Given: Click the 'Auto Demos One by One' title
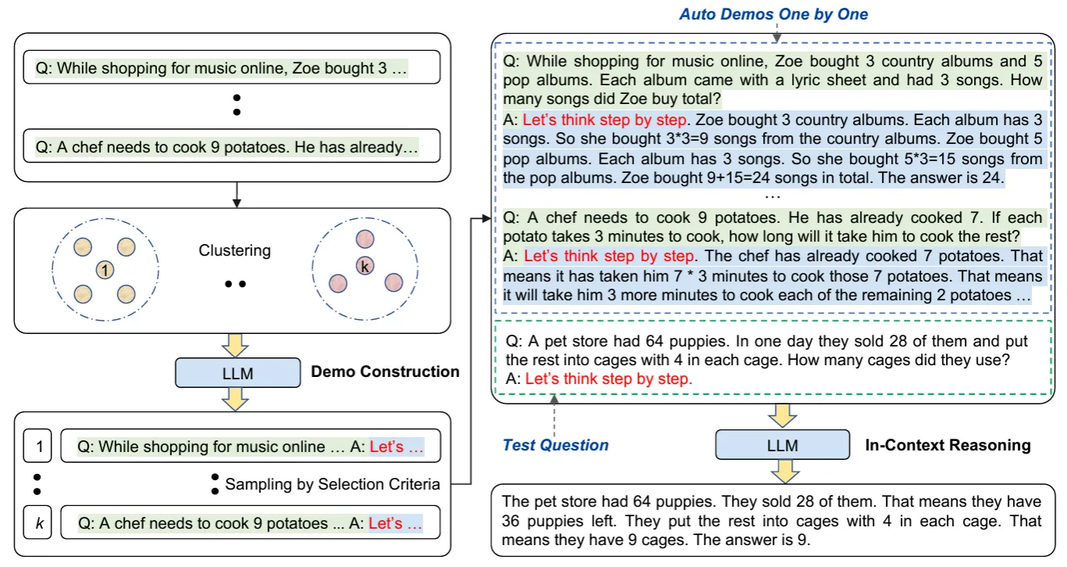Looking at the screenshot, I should pos(773,14).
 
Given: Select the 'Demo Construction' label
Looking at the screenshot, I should pos(385,371).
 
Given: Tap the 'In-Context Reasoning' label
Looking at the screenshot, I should pos(947,445).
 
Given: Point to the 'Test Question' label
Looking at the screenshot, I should pos(555,445).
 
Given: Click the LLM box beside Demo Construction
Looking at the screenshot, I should pos(237,373).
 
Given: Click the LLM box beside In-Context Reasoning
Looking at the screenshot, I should pos(782,446).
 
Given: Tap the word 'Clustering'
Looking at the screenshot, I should pos(234,251).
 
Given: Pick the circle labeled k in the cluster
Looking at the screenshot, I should pos(363,266).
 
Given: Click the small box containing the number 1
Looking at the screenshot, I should pos(37,447).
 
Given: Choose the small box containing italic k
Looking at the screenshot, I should pos(37,522).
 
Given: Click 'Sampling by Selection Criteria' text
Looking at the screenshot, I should pos(332,485).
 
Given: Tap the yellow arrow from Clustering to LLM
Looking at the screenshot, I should pos(235,343).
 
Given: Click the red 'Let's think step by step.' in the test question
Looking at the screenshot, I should pos(608,379).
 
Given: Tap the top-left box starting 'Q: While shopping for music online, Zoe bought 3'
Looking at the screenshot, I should pos(233,68).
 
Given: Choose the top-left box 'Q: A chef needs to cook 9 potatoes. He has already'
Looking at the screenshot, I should pos(233,146).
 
